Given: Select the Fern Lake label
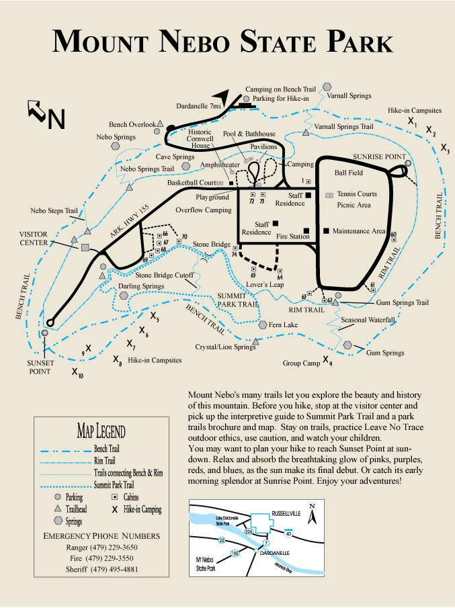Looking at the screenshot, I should [x=283, y=325].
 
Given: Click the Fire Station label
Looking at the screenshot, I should [x=293, y=236].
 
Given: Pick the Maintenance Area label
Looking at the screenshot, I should [x=359, y=231].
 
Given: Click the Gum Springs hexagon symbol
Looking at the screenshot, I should [x=347, y=345].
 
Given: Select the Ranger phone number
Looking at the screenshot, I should [x=101, y=548].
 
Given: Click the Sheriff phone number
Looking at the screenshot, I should [x=101, y=569].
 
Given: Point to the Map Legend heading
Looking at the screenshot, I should [x=101, y=431].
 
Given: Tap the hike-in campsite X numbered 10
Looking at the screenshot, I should [x=77, y=371].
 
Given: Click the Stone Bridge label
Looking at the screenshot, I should [x=212, y=244].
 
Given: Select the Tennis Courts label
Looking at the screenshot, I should [x=357, y=194].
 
